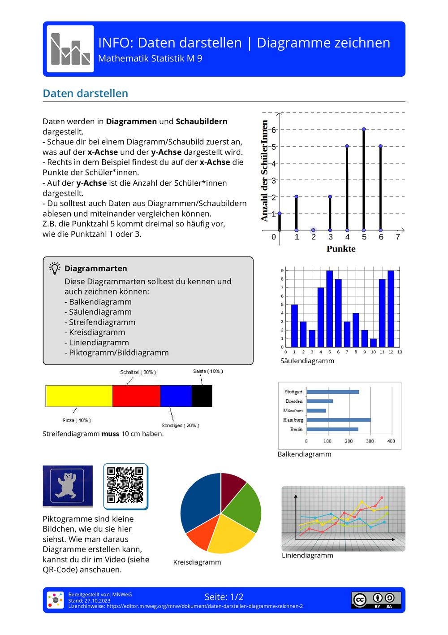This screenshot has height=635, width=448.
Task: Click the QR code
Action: point(125,486)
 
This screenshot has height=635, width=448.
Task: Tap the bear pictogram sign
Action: point(67,486)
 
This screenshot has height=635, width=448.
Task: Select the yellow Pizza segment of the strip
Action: point(79,396)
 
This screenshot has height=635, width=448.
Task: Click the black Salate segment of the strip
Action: point(202,396)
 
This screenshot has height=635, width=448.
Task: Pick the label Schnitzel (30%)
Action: point(138,372)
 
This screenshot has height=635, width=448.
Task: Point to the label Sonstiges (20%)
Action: point(180,425)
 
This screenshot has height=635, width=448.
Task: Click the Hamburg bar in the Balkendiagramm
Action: point(338,420)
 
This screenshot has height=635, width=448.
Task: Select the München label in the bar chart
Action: point(293,410)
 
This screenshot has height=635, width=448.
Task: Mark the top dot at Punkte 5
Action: point(364,129)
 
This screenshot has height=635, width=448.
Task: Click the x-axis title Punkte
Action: point(341,249)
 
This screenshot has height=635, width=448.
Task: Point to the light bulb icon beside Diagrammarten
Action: point(55,268)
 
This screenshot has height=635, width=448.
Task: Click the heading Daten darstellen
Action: point(86,93)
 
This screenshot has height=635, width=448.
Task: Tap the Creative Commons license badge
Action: point(376,600)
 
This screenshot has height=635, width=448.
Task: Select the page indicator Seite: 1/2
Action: point(224,597)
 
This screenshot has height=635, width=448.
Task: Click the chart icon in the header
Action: point(70,49)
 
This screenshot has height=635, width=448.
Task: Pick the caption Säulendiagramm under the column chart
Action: point(307,361)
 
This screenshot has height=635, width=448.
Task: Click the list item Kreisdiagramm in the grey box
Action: point(97,332)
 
